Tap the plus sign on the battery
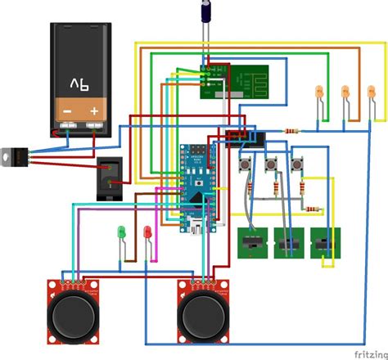pos(96,110)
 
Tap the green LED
pos(121,232)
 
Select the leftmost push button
pos(244,166)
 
